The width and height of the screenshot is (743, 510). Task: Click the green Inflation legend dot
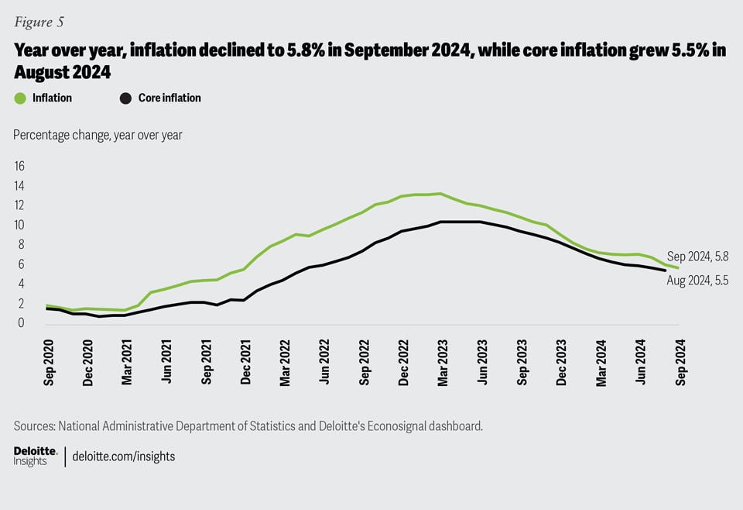20,98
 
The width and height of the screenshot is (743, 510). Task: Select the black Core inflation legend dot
125,98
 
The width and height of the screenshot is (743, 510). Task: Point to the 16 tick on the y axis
19,166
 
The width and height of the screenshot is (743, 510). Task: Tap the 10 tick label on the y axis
19,225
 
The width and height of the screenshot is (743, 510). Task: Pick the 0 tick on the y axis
22,322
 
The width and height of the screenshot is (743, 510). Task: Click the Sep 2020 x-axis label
49,362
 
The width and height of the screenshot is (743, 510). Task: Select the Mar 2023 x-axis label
443,362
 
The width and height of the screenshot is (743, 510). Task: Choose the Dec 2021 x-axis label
245,362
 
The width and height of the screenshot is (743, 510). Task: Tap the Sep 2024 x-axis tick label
680,362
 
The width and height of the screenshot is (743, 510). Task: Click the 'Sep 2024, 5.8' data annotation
698,257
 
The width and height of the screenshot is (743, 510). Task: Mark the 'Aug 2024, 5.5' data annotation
698,281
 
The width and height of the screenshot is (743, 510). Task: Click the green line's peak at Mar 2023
440,194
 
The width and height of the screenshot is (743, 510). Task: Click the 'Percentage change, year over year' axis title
98,134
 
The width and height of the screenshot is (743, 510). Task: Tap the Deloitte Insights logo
36,456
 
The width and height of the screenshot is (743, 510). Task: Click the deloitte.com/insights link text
124,457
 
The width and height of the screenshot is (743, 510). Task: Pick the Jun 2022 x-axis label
324,362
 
